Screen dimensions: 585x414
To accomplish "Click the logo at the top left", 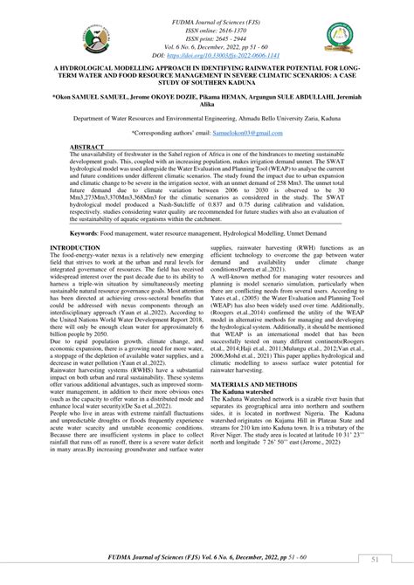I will click(93, 37).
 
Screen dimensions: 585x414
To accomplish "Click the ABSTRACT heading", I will click(86, 148).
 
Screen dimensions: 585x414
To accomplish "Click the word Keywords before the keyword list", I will click(89, 234).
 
